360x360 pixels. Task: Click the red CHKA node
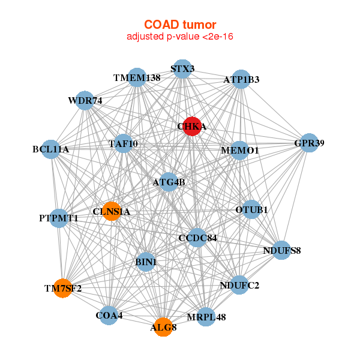point(191,126)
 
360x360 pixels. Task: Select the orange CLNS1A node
point(111,211)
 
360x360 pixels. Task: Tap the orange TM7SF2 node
point(62,288)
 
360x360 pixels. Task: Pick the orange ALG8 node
point(163,327)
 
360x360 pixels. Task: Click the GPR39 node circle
point(309,143)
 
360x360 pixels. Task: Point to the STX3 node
point(182,68)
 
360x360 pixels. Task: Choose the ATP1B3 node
point(241,79)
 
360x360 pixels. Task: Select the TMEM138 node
point(137,78)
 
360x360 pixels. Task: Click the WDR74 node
point(85,101)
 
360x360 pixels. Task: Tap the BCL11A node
point(51,149)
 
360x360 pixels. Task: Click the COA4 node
point(109,315)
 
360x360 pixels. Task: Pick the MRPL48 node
point(206,317)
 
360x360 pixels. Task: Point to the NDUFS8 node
point(282,250)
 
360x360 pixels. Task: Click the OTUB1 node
point(252,209)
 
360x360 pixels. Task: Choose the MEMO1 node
point(239,150)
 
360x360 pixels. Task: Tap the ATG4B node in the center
point(169,182)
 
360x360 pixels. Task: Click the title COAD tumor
point(180,25)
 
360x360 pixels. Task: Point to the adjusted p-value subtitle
point(180,37)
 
